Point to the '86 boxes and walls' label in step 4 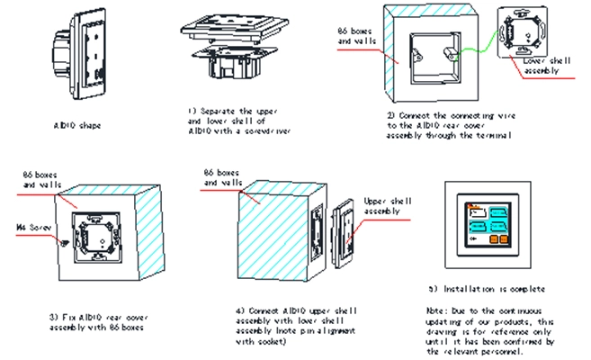(x=223, y=177)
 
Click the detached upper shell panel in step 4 (x=341, y=237)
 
